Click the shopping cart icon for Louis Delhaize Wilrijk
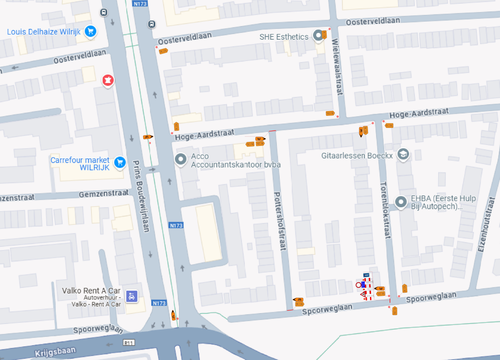(91, 31)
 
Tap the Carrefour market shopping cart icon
(119, 162)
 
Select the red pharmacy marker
(108, 80)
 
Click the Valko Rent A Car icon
(132, 296)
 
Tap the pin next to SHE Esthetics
(319, 36)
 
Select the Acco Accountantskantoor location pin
(181, 159)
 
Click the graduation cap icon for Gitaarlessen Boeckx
(402, 154)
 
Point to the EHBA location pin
(400, 202)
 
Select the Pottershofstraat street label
(280, 221)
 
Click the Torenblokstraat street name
(385, 210)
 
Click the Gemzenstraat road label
(104, 194)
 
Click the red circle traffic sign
(358, 285)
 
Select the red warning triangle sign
(363, 294)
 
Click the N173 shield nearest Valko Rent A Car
(159, 303)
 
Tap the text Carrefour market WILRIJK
(80, 164)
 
